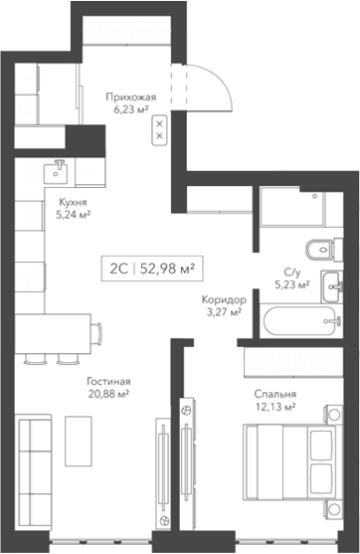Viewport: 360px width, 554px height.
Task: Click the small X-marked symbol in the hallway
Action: pyautogui.click(x=159, y=131)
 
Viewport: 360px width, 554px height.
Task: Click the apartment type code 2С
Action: pyautogui.click(x=118, y=267)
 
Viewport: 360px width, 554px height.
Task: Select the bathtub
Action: pyautogui.click(x=299, y=321)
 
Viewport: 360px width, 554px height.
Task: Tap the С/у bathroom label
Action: pyautogui.click(x=290, y=270)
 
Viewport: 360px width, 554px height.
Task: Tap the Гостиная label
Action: pyautogui.click(x=110, y=381)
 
